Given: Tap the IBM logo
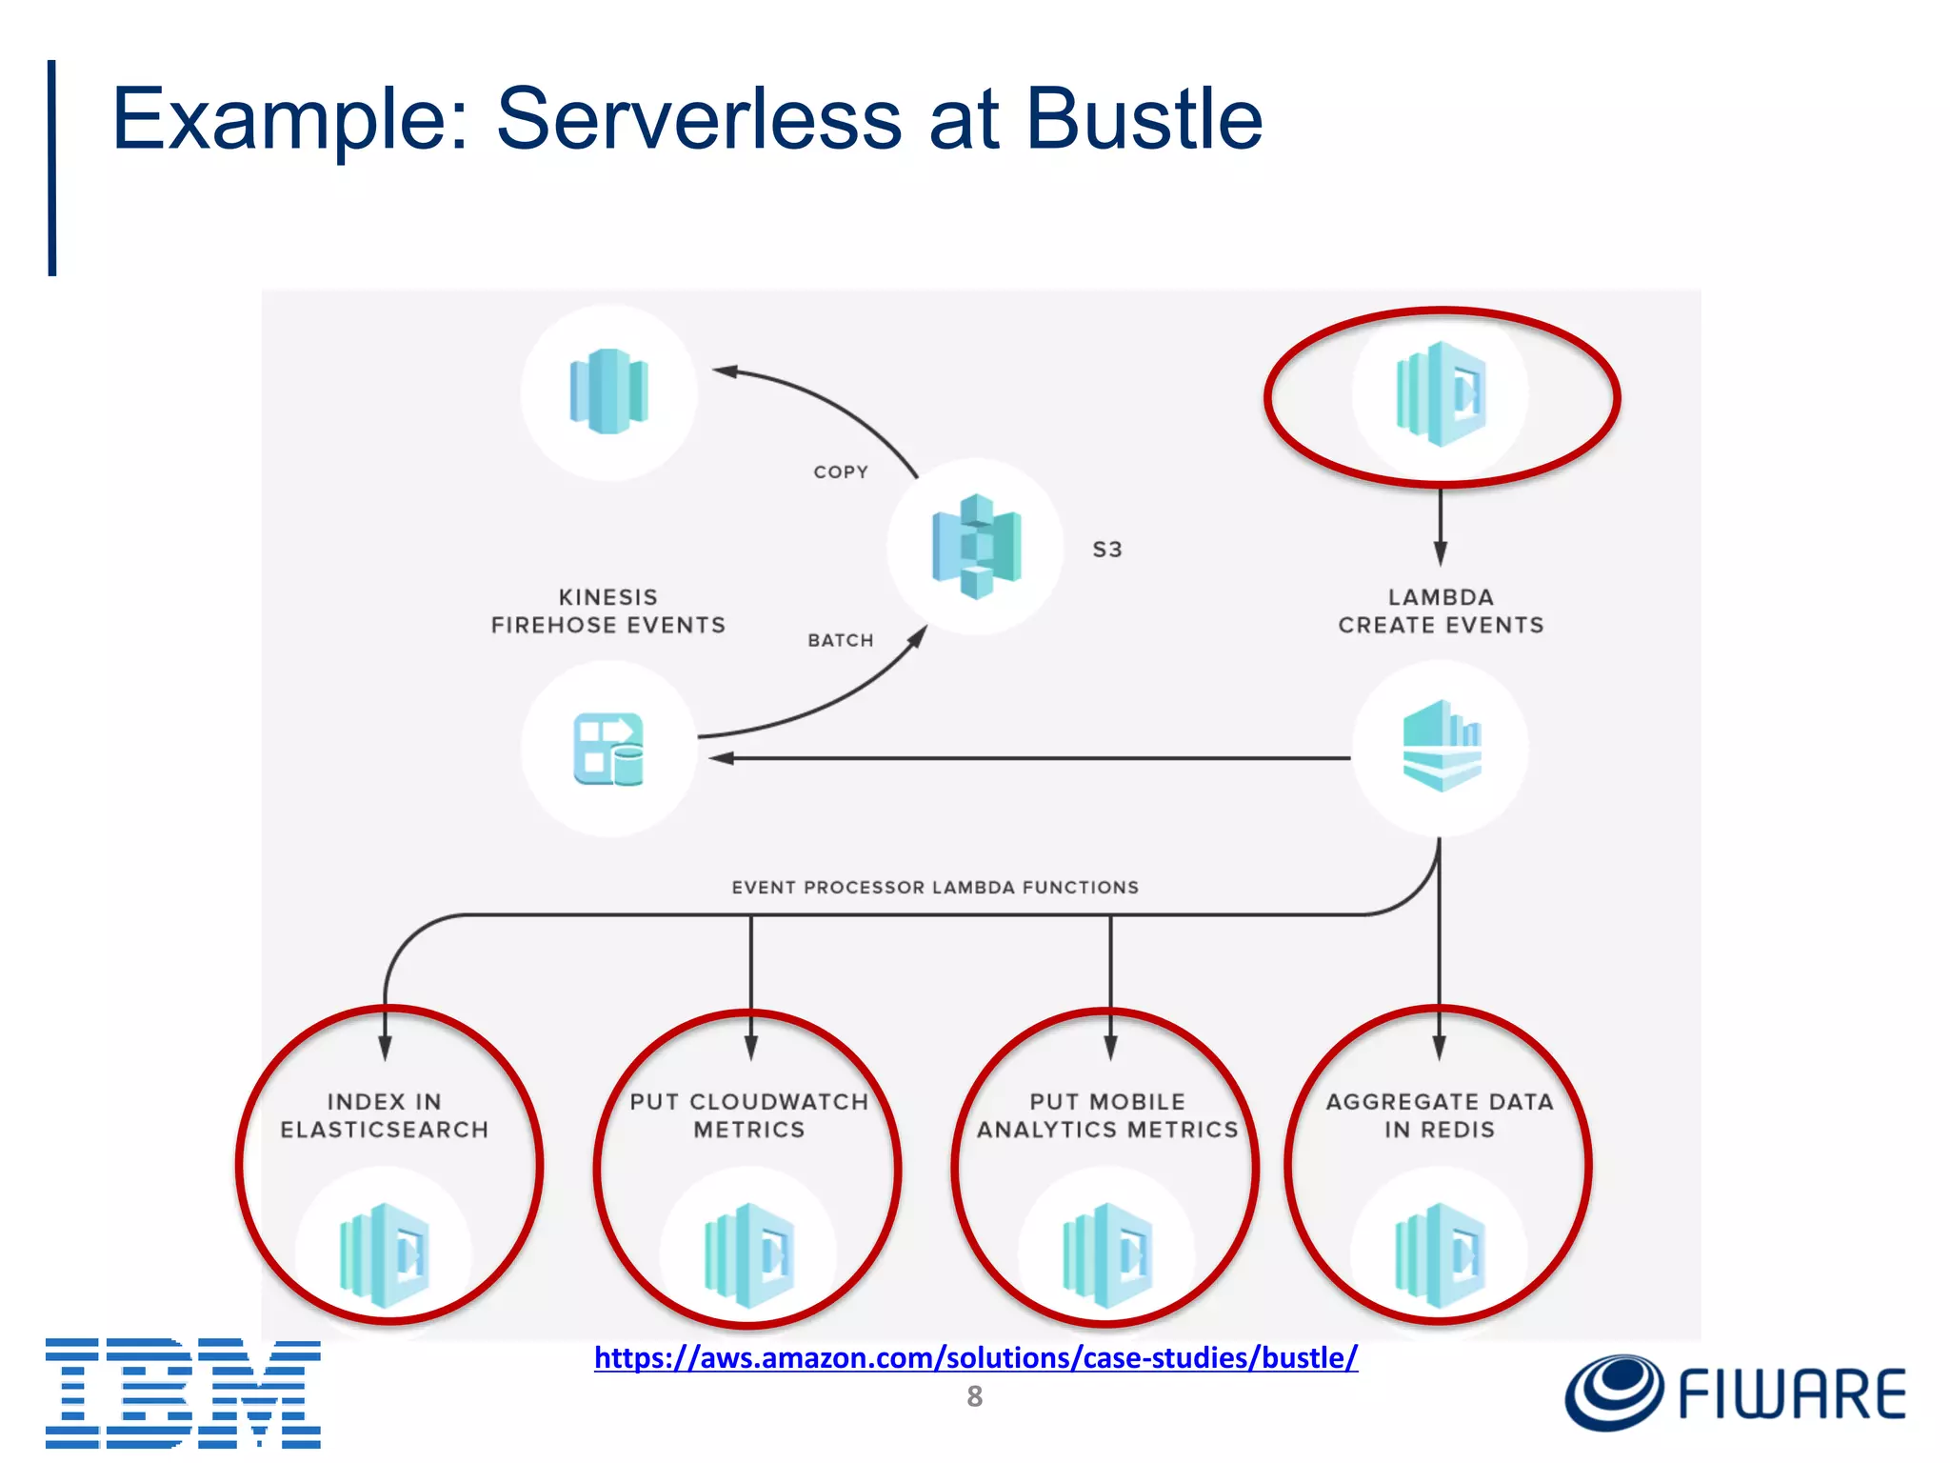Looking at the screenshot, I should (x=183, y=1393).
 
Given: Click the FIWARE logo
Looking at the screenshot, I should (x=1735, y=1393).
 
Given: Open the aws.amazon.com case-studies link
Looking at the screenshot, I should (x=976, y=1356).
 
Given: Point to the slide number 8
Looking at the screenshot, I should (x=974, y=1396).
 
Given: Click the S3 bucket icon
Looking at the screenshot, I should (x=976, y=547).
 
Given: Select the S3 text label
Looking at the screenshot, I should (x=1106, y=550).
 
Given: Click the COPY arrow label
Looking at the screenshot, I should (x=841, y=472).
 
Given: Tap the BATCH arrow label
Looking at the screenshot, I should (x=841, y=640).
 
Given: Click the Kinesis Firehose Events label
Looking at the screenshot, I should (x=608, y=611).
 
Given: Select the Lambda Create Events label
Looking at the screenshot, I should (x=1441, y=611).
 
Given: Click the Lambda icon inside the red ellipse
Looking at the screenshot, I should (x=1441, y=393).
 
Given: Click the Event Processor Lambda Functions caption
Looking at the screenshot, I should (x=935, y=887).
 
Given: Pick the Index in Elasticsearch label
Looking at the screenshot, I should (x=385, y=1115).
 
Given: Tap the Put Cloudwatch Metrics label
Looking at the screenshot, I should (x=749, y=1115).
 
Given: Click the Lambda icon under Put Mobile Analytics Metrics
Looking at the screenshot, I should (x=1107, y=1255).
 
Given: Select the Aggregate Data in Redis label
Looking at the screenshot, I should (x=1440, y=1115).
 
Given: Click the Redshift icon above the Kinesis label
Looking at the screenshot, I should (x=608, y=391).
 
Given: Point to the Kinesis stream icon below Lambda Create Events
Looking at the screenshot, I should (x=1442, y=747).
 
